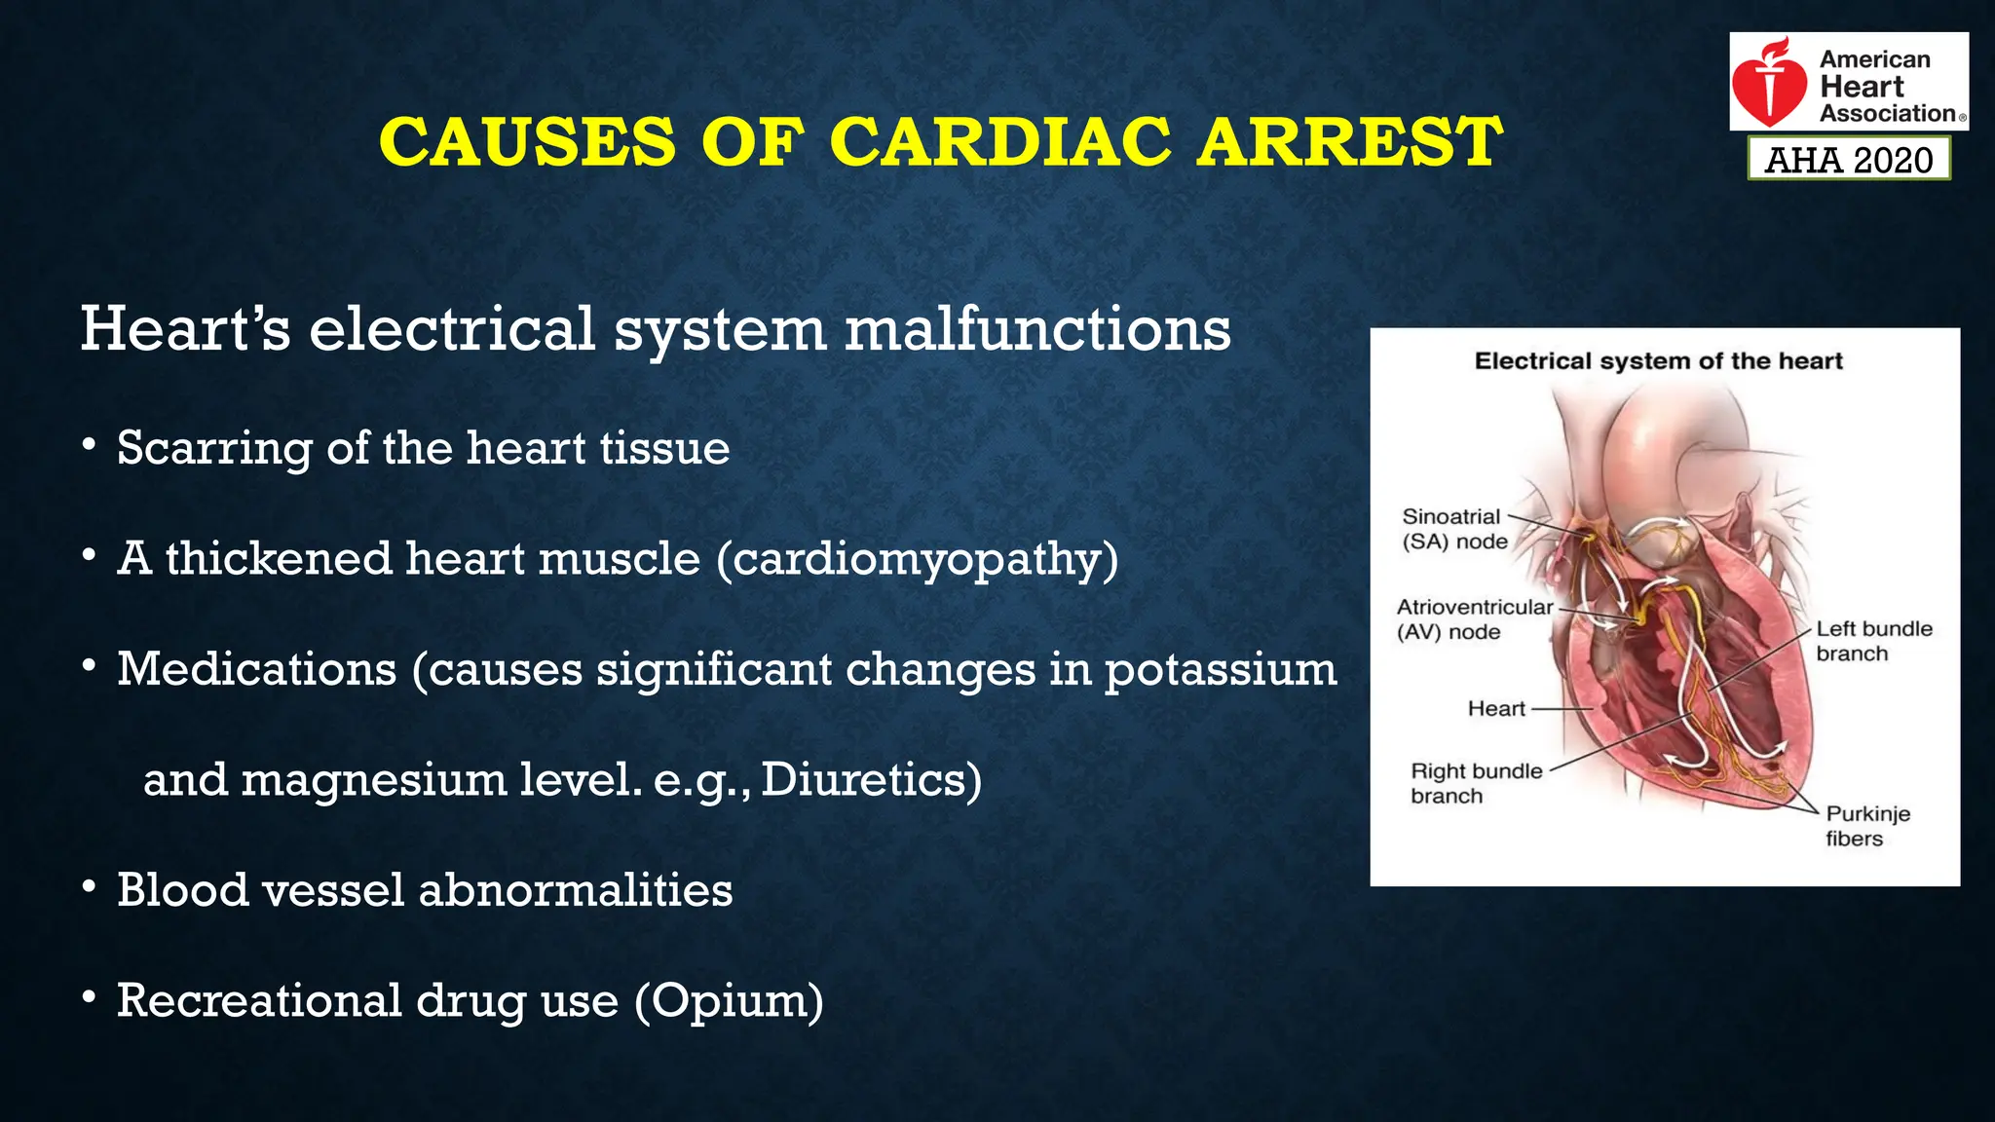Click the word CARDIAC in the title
tap(999, 142)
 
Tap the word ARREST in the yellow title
tap(1349, 142)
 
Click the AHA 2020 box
tap(1848, 160)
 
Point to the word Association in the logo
tap(1887, 114)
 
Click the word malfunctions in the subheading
tap(1037, 329)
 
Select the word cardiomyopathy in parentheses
tap(917, 560)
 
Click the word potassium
tap(1221, 670)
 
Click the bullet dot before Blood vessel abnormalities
tap(89, 887)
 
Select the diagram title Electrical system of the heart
tap(1658, 361)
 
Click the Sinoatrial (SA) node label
tap(1454, 529)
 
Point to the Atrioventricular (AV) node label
tap(1473, 619)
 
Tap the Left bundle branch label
tap(1872, 641)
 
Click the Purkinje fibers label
tap(1866, 826)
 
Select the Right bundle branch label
tap(1475, 783)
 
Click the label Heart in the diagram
tap(1495, 709)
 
